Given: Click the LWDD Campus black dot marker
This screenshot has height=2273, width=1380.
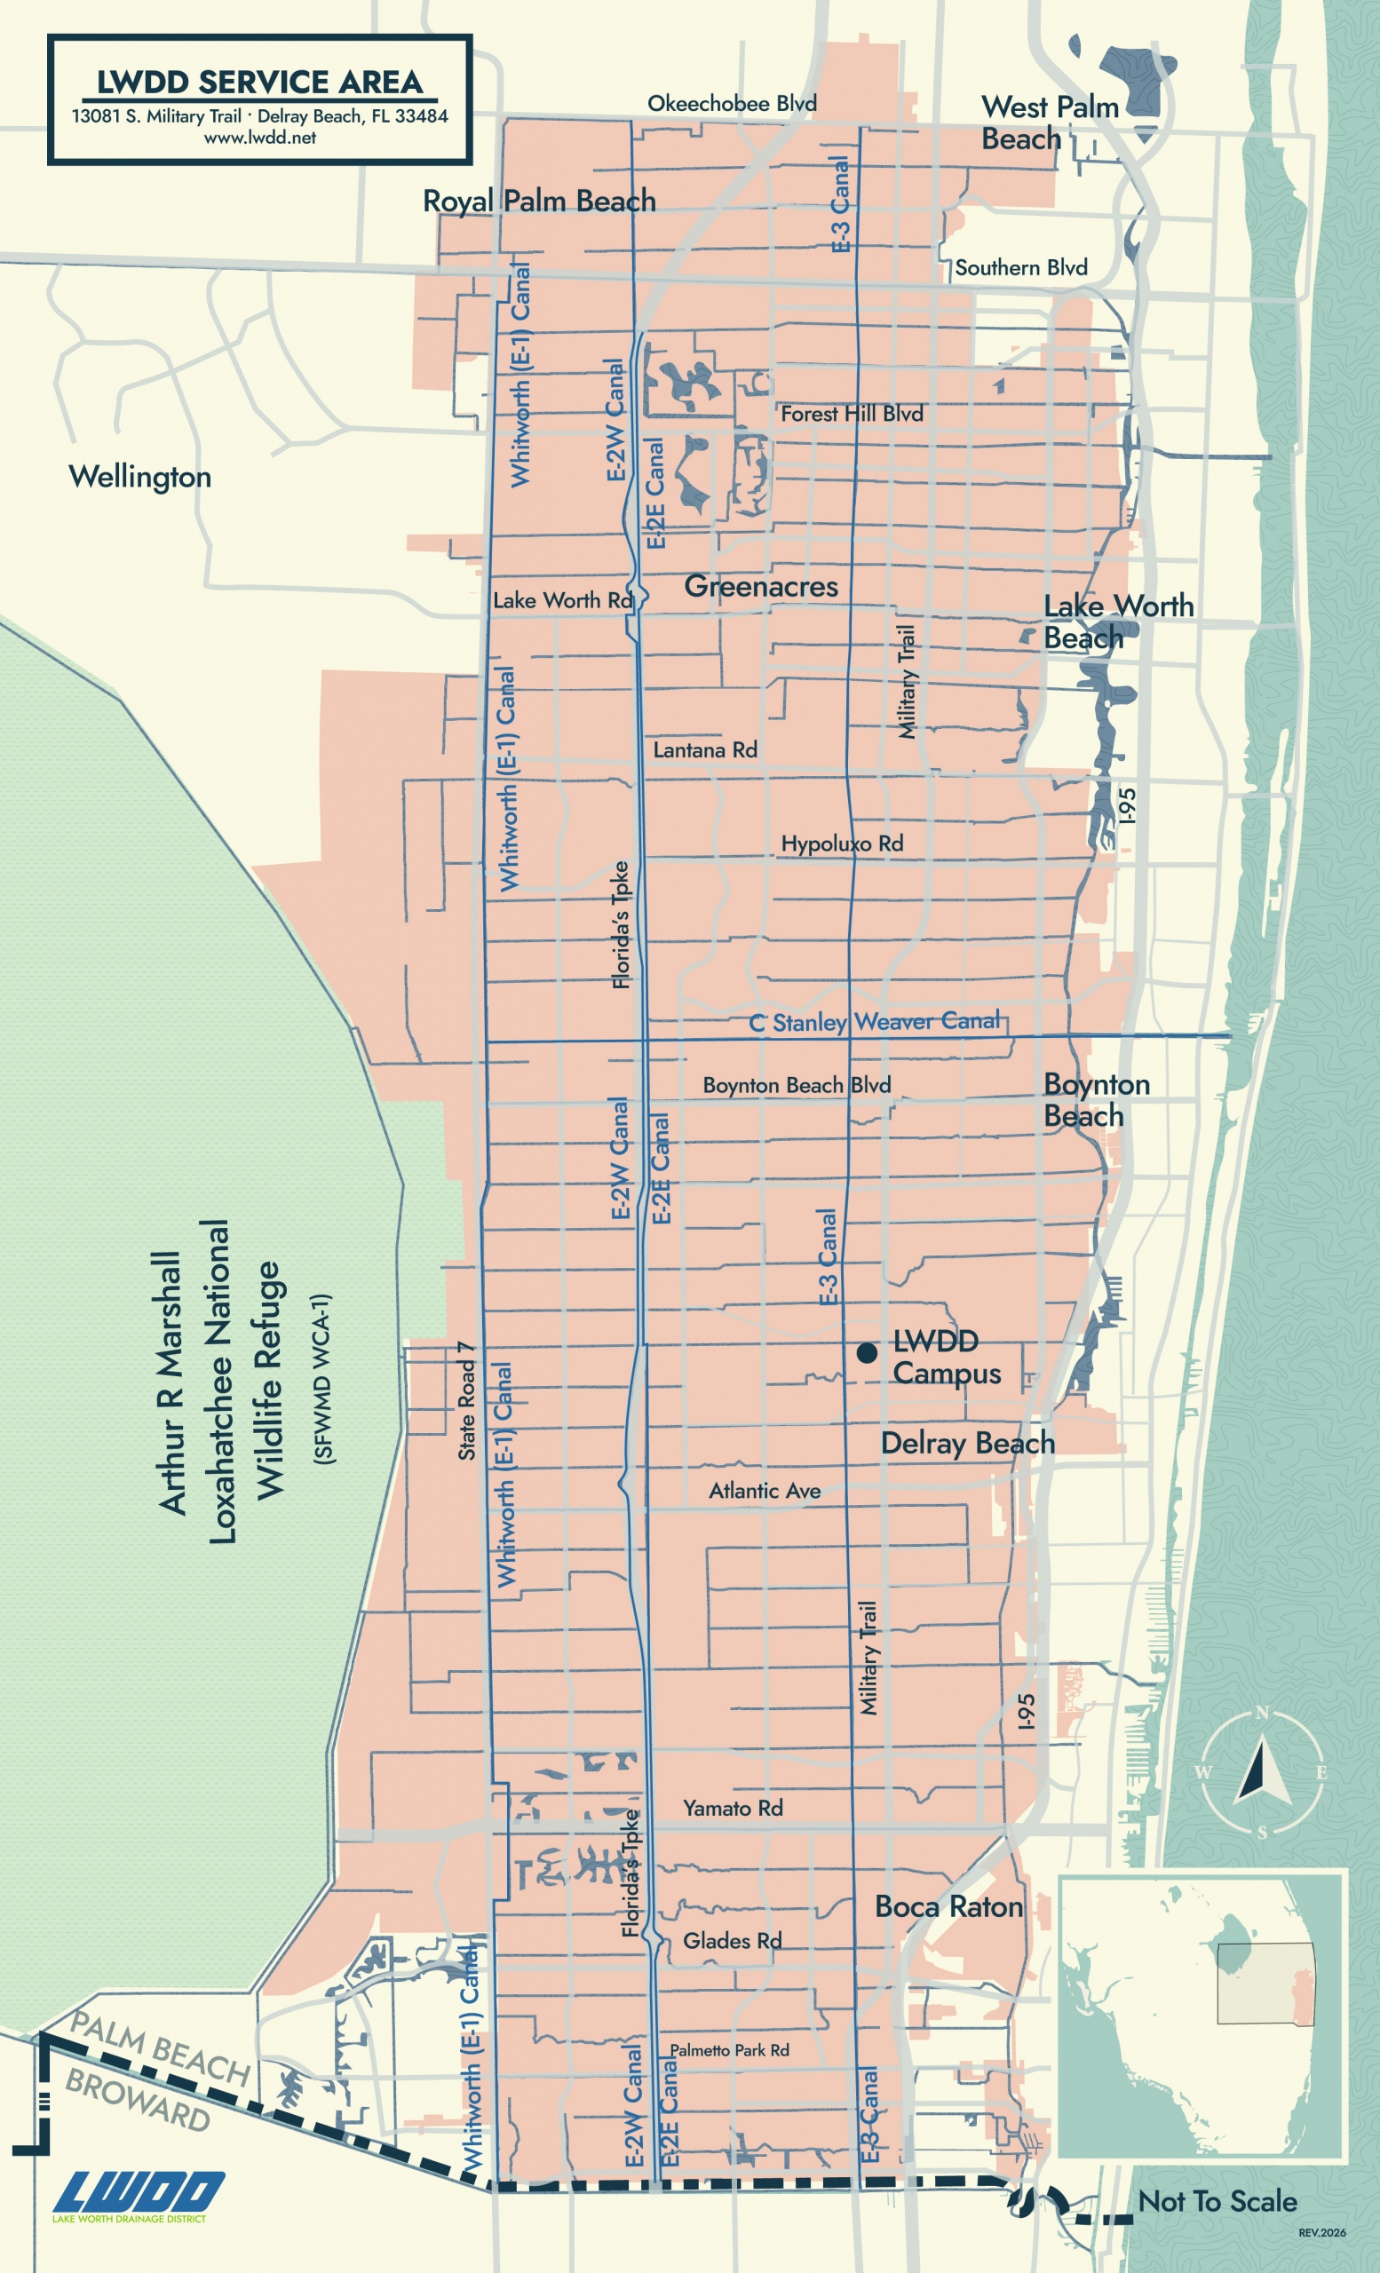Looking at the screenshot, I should click(866, 1352).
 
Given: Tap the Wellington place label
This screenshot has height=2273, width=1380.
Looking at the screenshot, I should click(140, 477).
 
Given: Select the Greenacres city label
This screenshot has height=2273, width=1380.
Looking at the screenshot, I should click(761, 586).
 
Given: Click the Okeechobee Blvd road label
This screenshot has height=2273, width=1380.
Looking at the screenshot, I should click(732, 103).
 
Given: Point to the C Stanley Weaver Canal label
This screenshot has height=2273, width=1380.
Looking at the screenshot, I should click(874, 1021).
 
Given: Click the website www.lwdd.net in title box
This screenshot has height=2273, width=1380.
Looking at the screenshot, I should click(260, 138).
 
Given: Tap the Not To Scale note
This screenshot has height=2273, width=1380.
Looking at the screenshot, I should click(1217, 2201).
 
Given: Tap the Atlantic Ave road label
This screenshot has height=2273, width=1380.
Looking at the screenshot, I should click(765, 1491).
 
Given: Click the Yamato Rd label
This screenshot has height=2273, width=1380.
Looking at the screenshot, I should click(733, 1808).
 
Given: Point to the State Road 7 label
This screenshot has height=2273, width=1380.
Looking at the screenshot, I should click(467, 1400).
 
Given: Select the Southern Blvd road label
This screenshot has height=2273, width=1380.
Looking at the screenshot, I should click(1020, 267).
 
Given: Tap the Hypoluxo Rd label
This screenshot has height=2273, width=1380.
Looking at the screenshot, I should click(841, 843).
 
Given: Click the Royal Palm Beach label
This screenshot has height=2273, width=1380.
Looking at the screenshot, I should click(539, 200).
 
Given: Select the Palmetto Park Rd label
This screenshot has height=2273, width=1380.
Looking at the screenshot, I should click(729, 2050).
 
